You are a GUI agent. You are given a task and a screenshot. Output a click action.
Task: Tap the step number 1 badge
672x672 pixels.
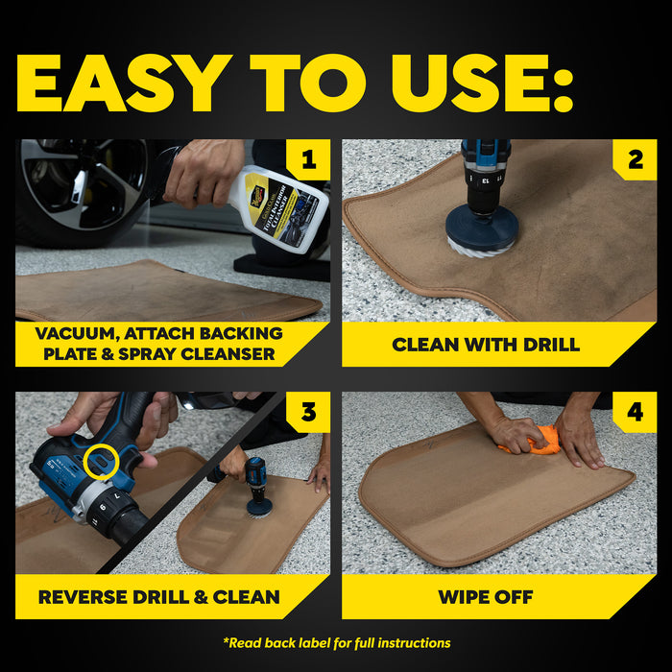308,160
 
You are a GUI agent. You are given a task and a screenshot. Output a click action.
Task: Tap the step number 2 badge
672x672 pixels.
635,160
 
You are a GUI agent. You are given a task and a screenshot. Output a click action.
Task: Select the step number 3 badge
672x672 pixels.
308,413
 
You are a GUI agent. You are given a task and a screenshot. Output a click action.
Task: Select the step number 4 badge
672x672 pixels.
635,413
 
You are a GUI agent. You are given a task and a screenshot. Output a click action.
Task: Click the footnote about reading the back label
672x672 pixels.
336,642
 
